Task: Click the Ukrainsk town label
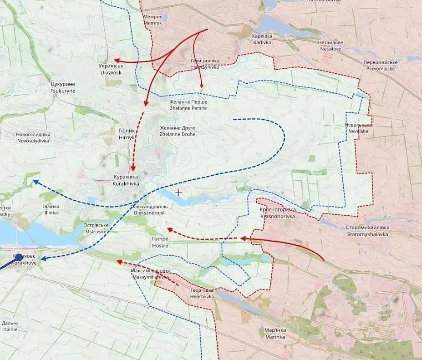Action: pos(110,69)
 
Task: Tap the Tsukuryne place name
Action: pos(63,87)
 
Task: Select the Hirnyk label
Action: pos(126,133)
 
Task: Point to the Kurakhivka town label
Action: pos(126,180)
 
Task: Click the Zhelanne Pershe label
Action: pos(188,105)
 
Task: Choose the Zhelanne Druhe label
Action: pos(178,131)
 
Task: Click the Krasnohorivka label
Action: pos(278,213)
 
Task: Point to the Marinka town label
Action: pos(275,333)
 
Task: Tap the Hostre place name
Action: pos(160,242)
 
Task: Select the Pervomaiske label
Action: pos(381,65)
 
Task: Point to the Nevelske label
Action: pos(358,128)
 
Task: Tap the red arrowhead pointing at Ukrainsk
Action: pos(116,60)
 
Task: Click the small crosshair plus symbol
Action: pos(179,193)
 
